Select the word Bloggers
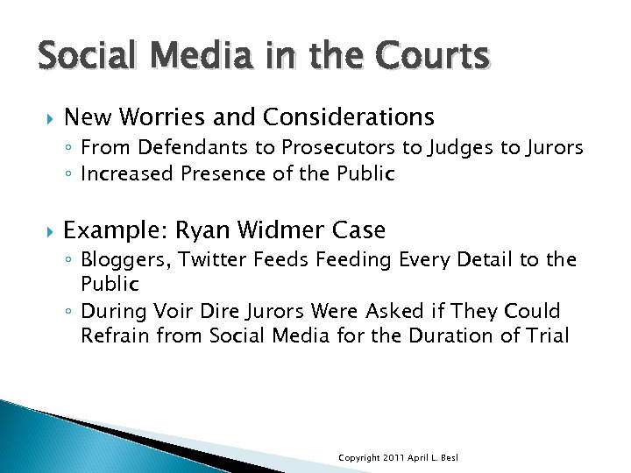tap(120, 260)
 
